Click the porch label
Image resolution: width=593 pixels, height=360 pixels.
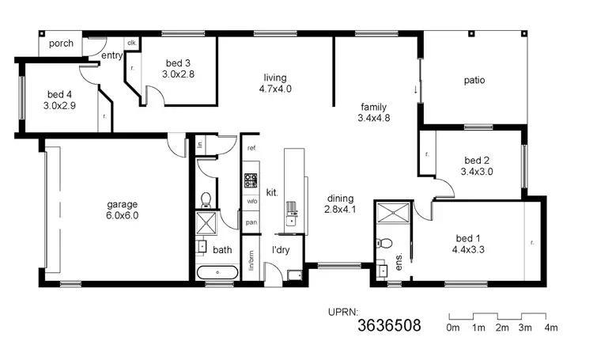[61, 44]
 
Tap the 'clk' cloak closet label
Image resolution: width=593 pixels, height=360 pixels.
[131, 43]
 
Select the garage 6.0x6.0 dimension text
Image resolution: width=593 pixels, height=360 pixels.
[123, 214]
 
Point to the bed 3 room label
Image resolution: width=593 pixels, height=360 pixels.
[178, 63]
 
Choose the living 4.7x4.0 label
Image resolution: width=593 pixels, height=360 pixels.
[275, 83]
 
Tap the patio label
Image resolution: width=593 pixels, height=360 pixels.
[474, 80]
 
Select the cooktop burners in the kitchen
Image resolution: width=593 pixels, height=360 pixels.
[251, 180]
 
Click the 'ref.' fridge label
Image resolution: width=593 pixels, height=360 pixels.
[251, 149]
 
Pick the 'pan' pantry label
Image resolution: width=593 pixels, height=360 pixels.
[251, 222]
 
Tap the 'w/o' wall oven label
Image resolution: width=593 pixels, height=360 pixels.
[251, 201]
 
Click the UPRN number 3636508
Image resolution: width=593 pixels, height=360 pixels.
[389, 325]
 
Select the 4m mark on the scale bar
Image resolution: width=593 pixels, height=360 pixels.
[551, 328]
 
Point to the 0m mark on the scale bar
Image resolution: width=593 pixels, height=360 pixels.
[453, 328]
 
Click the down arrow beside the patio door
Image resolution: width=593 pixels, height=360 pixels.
[415, 89]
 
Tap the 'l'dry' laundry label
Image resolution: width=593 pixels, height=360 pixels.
[282, 250]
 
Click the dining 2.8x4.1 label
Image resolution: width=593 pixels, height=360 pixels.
[338, 204]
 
